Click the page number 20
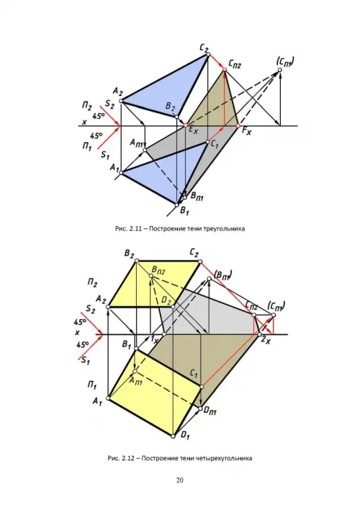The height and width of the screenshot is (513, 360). click(x=180, y=481)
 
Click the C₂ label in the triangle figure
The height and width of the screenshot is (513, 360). click(x=204, y=48)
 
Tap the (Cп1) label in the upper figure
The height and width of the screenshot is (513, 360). click(x=285, y=61)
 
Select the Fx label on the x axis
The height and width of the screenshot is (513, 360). click(x=247, y=132)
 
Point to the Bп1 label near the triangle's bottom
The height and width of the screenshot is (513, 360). click(x=197, y=197)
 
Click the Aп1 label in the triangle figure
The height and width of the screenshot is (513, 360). click(x=137, y=143)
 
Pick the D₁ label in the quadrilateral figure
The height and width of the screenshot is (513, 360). click(x=185, y=435)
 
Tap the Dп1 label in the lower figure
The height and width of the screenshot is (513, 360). click(x=210, y=411)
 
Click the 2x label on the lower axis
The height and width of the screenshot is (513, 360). click(x=266, y=340)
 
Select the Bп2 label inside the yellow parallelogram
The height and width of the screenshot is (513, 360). click(x=158, y=271)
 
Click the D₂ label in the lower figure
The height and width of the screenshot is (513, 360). click(x=167, y=300)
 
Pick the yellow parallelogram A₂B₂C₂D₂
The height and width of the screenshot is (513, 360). click(x=153, y=283)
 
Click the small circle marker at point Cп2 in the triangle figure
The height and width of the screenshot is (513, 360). click(x=225, y=69)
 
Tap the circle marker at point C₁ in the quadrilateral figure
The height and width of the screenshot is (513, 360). click(x=202, y=387)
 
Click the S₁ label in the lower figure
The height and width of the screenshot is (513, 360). click(x=86, y=361)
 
